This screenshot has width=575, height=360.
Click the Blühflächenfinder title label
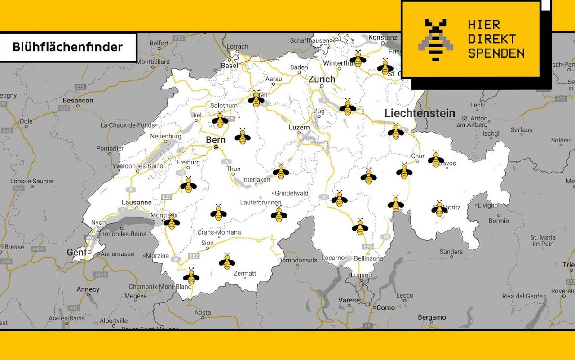(x=68, y=47)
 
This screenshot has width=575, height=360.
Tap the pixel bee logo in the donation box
(x=435, y=40)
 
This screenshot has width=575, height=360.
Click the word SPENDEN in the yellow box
(x=496, y=53)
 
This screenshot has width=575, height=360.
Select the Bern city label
(x=216, y=140)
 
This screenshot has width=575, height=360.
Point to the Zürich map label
(x=322, y=80)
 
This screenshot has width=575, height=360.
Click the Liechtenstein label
(x=420, y=113)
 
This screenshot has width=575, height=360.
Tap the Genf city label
(x=77, y=253)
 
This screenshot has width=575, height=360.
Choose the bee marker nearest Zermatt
(x=227, y=262)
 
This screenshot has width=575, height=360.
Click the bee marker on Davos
(x=436, y=159)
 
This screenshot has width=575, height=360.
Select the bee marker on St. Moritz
(x=440, y=209)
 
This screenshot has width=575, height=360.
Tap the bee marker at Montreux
(x=172, y=222)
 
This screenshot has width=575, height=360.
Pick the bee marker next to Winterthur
(x=358, y=59)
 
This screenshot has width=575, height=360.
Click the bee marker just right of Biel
(x=220, y=120)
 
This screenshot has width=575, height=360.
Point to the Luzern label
(x=299, y=128)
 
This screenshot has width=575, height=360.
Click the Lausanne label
(x=137, y=203)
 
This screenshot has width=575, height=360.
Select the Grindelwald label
(x=292, y=193)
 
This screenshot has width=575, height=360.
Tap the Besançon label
(x=78, y=101)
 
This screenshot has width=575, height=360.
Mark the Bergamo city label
(x=432, y=317)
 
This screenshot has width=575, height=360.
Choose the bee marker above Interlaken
(x=281, y=171)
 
